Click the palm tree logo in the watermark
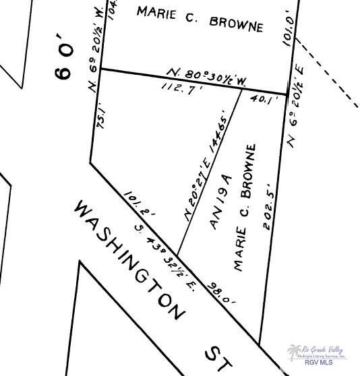[294, 353]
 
